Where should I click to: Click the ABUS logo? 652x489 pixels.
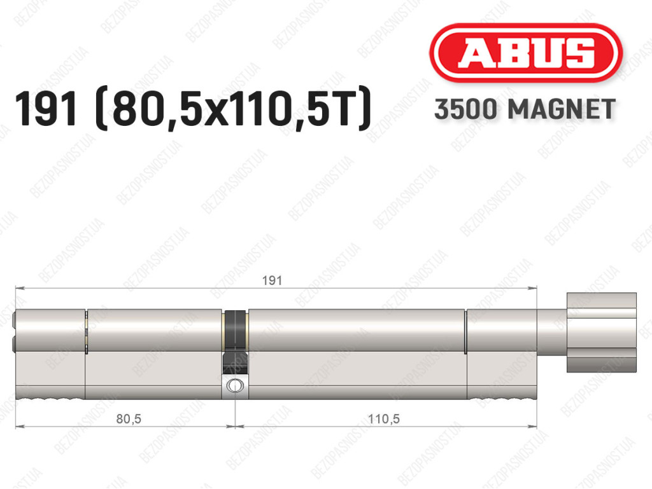pyautogui.click(x=525, y=53)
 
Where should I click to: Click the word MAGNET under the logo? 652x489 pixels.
pyautogui.click(x=562, y=109)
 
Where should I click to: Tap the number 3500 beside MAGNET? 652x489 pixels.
pyautogui.click(x=465, y=109)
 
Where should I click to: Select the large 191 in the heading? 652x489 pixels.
pyautogui.click(x=46, y=109)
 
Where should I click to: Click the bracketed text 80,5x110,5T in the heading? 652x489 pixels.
pyautogui.click(x=232, y=109)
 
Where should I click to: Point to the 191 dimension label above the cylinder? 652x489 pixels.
pyautogui.click(x=272, y=280)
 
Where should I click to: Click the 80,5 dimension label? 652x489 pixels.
pyautogui.click(x=129, y=419)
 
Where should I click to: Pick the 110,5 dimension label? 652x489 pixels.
pyautogui.click(x=384, y=419)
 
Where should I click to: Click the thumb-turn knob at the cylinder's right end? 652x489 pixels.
pyautogui.click(x=601, y=332)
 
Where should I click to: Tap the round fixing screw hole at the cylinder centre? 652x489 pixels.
pyautogui.click(x=235, y=386)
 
